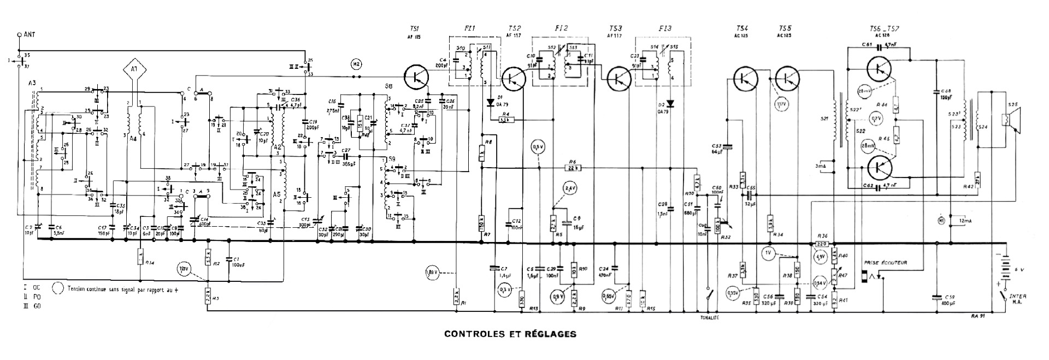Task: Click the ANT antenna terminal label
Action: coord(29,34)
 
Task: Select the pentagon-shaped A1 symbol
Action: coord(134,69)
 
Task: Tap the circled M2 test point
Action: coord(356,64)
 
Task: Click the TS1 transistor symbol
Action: coord(417,77)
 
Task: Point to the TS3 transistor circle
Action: coord(618,77)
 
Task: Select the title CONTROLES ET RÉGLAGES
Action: coord(510,333)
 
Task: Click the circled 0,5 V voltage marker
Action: coord(538,147)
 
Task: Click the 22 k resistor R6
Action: coord(573,168)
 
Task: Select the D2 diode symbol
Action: coord(671,103)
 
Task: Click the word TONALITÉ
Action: coord(710,317)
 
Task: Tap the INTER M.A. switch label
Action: coord(1019,299)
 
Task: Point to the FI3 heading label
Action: coord(665,28)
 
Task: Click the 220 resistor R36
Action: coord(821,244)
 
